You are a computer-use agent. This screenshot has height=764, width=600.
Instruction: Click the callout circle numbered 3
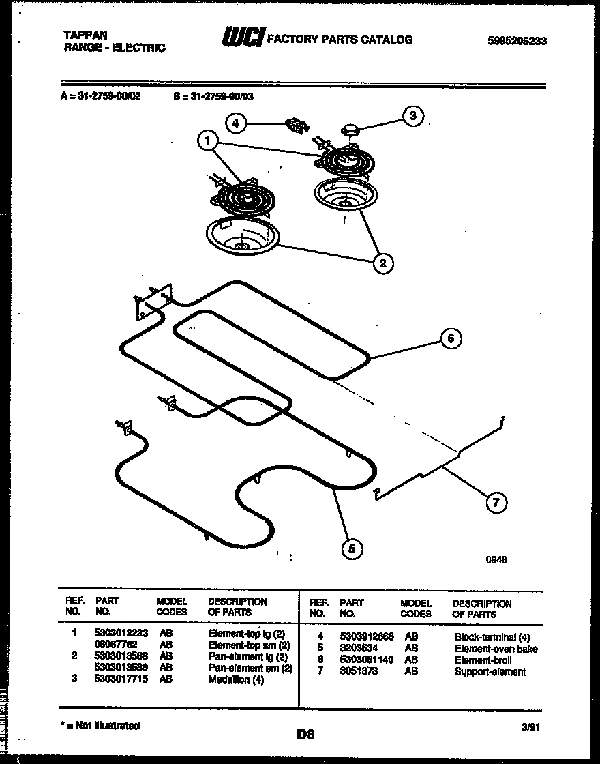tap(412, 116)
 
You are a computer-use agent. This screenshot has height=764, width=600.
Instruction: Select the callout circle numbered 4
tap(235, 123)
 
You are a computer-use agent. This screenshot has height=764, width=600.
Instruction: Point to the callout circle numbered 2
tap(383, 263)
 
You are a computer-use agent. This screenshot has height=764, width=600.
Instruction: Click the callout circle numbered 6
tap(450, 338)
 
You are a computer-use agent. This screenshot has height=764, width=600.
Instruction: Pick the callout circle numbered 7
tap(496, 503)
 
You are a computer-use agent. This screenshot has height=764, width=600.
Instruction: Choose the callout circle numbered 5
tap(352, 547)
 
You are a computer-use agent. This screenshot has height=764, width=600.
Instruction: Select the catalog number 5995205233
tap(517, 41)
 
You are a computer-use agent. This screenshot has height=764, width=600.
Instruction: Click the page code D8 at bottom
tap(305, 734)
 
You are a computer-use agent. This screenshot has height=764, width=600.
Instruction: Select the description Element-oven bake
tap(496, 649)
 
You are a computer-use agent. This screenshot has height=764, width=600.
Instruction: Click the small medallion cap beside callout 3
tap(350, 128)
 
